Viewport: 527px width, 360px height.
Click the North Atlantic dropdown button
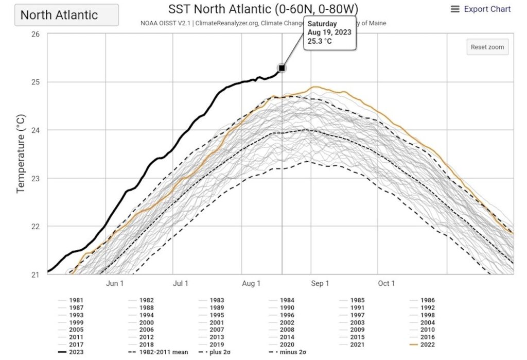[x=68, y=15]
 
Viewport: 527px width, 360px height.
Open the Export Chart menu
[x=481, y=9]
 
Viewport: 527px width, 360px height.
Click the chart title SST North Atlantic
[x=263, y=9]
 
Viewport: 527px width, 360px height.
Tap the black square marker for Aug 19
[x=282, y=68]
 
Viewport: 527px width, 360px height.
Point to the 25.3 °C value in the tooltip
[x=320, y=41]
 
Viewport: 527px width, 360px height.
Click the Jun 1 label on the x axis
[x=114, y=283]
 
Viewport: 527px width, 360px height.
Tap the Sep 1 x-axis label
[x=320, y=283]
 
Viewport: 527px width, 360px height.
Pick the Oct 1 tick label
[x=386, y=283]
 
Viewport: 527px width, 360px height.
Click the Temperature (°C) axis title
[x=21, y=153]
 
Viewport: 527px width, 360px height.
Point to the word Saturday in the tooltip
[x=322, y=24]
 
